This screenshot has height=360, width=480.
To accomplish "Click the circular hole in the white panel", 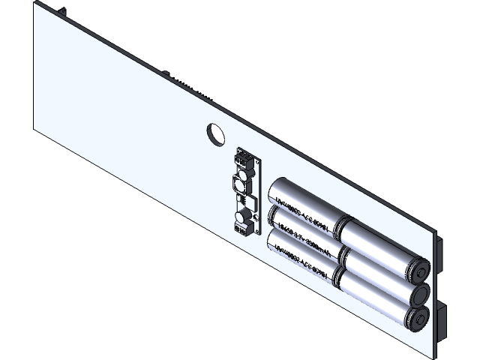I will (x=216, y=133).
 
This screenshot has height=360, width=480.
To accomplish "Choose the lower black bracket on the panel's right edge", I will (x=442, y=319).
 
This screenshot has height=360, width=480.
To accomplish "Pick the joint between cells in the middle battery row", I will (x=340, y=252).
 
